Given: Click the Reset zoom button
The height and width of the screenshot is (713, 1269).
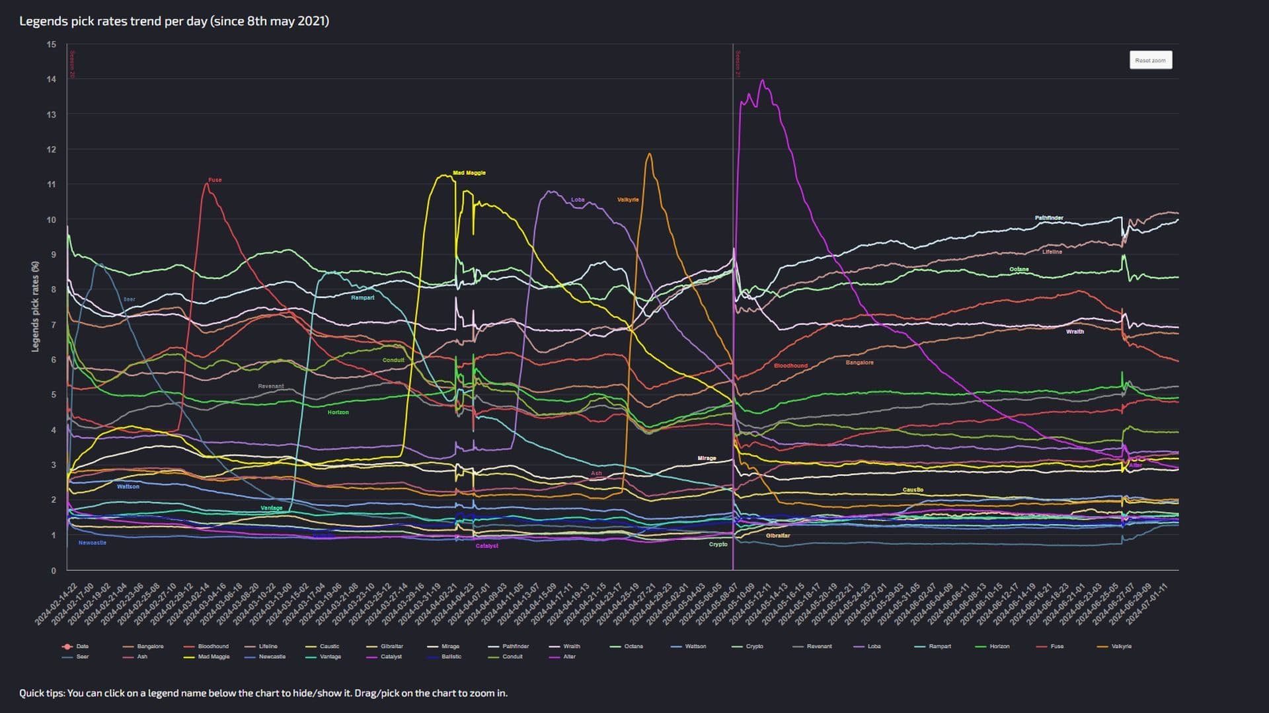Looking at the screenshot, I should pyautogui.click(x=1150, y=60).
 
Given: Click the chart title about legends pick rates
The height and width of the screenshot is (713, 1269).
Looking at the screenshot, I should pyautogui.click(x=174, y=21).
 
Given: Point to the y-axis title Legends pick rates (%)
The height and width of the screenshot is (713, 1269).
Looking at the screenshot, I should pyautogui.click(x=36, y=306).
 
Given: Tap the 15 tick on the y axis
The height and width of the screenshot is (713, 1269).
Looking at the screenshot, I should pyautogui.click(x=52, y=44).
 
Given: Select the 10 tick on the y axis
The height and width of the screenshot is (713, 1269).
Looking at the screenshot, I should pyautogui.click(x=52, y=219).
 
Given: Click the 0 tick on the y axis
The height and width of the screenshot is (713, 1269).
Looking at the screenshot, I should pyautogui.click(x=54, y=570).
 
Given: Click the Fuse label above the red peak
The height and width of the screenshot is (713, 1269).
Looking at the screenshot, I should pyautogui.click(x=215, y=180).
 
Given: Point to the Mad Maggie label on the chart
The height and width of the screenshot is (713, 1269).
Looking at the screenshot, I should pyautogui.click(x=469, y=173).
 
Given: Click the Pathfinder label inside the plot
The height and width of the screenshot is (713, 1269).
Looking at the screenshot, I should pyautogui.click(x=1049, y=218).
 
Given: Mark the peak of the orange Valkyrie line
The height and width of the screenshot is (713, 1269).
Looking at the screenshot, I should pyautogui.click(x=649, y=155).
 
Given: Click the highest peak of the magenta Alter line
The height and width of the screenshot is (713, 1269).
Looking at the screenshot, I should pyautogui.click(x=763, y=81).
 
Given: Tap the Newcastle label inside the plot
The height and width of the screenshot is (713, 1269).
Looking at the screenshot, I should pyautogui.click(x=92, y=543).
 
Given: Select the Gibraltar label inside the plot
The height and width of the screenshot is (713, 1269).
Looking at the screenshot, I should pyautogui.click(x=777, y=535).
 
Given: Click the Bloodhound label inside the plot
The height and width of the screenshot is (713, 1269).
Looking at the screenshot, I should pyautogui.click(x=790, y=365).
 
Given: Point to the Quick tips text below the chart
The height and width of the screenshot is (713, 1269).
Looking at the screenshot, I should pyautogui.click(x=263, y=693).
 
